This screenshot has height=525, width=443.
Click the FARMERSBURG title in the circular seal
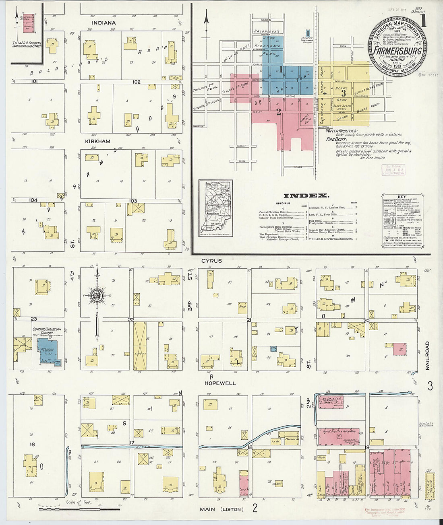pos(397,51)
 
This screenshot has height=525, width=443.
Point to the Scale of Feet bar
pos(53,509)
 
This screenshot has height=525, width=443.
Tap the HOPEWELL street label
pos(220,383)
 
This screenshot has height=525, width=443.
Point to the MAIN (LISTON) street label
pos(222,509)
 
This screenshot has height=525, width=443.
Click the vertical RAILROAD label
pos(427,356)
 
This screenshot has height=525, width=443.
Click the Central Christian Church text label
pos(47,331)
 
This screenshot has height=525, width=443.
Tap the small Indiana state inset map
pos(215,208)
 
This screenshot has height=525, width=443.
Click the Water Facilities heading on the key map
pos(342,131)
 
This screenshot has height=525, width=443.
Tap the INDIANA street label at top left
pos(103,23)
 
